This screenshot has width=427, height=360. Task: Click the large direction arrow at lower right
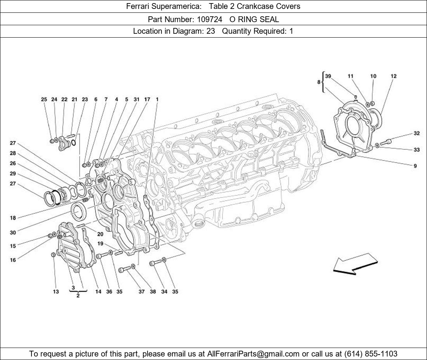(x=355, y=264)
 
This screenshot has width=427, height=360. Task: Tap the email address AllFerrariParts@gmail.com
(x=253, y=353)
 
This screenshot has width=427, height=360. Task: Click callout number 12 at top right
(x=393, y=76)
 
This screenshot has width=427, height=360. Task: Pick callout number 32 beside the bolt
(x=417, y=133)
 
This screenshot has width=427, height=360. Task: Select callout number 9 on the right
(x=415, y=166)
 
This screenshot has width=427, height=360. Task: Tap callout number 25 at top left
(x=44, y=100)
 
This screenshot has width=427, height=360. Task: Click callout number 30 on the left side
(x=13, y=233)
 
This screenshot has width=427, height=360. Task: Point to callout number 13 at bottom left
(x=56, y=291)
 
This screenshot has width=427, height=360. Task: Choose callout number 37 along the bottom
(x=142, y=291)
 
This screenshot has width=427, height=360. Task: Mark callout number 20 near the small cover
(x=100, y=234)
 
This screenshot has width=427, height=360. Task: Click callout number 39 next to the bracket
(x=328, y=76)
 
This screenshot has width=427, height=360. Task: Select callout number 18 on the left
(x=13, y=218)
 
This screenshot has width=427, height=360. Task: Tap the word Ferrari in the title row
(x=139, y=6)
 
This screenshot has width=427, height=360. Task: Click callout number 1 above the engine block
(x=157, y=100)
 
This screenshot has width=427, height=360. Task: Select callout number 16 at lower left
(x=13, y=260)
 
